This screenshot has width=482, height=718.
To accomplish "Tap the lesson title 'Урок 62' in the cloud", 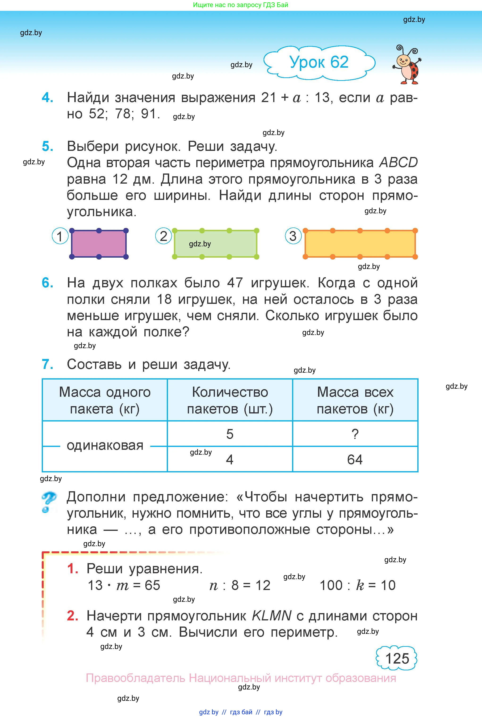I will point(319,62).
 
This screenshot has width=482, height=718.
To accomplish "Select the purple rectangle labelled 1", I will point(99,243).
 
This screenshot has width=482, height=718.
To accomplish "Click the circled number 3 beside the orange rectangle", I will point(293,236).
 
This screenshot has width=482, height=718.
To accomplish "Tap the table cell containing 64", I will point(355,459).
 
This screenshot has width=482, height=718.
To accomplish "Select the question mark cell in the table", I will point(355,434).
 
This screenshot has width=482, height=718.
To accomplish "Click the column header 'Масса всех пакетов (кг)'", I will point(355,400).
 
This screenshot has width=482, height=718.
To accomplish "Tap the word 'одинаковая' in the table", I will point(105,445).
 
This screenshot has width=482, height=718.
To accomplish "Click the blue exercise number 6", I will point(48,283).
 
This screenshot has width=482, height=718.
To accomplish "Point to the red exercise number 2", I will point(72,615).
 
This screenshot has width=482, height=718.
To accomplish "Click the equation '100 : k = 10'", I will point(357,585).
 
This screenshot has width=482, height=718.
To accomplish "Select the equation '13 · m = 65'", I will point(124,585).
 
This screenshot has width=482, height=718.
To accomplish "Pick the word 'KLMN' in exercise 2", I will point(271,615).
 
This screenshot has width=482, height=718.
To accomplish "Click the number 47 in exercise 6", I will point(235,283).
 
